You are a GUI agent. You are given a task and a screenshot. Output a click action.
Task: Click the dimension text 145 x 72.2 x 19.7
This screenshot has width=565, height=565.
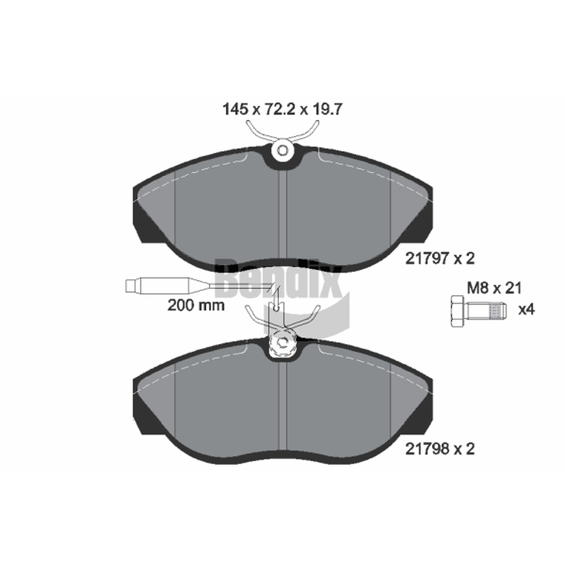tap(282, 109)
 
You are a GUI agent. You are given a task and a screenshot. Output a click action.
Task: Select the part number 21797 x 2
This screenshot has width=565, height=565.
tap(440, 258)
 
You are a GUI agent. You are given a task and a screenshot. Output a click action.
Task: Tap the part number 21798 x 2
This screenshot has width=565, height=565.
tap(440, 448)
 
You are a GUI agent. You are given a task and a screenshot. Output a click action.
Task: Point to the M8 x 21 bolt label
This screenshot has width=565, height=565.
tap(494, 288)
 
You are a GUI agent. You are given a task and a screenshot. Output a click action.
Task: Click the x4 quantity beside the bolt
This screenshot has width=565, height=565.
tap(526, 309)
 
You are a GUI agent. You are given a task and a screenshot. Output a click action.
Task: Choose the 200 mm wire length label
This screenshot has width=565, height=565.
tap(196, 305)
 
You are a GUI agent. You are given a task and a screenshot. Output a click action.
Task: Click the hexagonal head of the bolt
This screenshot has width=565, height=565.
tap(458, 311)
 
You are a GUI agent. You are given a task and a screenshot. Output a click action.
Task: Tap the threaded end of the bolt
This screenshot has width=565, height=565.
tap(498, 311)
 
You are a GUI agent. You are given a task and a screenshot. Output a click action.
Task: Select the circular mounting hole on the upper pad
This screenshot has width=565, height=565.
tap(283, 150)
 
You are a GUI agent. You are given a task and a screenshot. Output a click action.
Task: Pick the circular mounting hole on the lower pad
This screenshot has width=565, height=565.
tap(283, 342)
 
